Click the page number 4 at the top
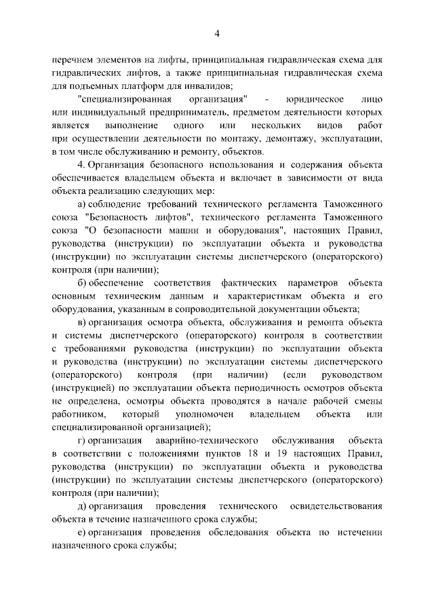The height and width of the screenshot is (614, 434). (x=217, y=34)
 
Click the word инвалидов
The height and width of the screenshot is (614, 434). (x=209, y=85)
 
